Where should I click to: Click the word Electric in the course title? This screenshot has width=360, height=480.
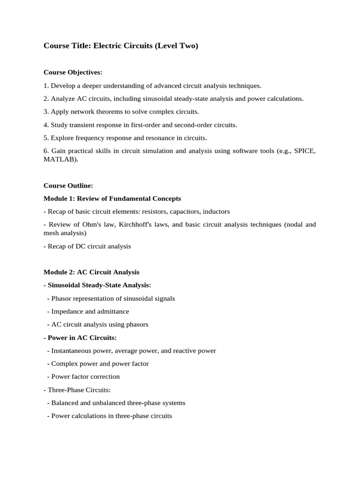click(108, 46)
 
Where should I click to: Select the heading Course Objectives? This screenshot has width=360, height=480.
click(73, 72)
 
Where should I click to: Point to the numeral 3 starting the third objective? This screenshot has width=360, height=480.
click(45, 112)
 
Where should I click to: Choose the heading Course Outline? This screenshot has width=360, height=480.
click(68, 186)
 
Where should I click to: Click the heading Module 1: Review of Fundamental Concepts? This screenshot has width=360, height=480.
click(112, 199)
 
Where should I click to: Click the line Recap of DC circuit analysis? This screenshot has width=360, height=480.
click(89, 246)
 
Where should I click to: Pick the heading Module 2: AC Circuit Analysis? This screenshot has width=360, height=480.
click(91, 272)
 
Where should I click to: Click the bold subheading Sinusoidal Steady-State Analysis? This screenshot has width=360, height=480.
click(99, 285)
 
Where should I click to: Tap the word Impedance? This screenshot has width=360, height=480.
click(67, 311)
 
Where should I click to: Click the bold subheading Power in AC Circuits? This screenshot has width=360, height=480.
click(82, 337)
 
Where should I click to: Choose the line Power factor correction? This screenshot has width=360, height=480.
click(85, 376)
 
